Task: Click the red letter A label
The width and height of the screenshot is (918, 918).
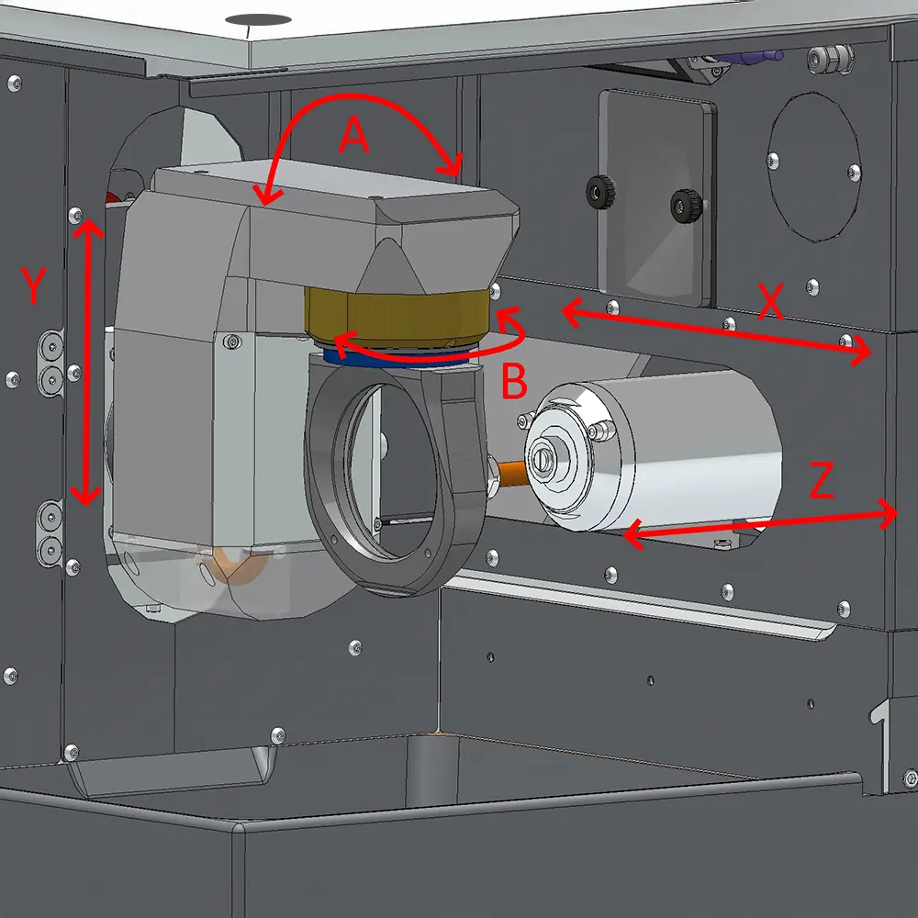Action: (x=354, y=135)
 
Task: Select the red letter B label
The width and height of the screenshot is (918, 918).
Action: (x=515, y=381)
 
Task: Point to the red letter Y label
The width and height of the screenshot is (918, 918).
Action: (x=33, y=285)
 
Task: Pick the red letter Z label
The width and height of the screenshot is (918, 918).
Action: (x=822, y=479)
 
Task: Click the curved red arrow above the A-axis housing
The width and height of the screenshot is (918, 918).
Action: (x=356, y=96)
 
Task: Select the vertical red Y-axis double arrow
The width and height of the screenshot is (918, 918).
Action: (x=88, y=362)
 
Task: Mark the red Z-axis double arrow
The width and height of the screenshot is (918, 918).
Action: (x=760, y=524)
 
